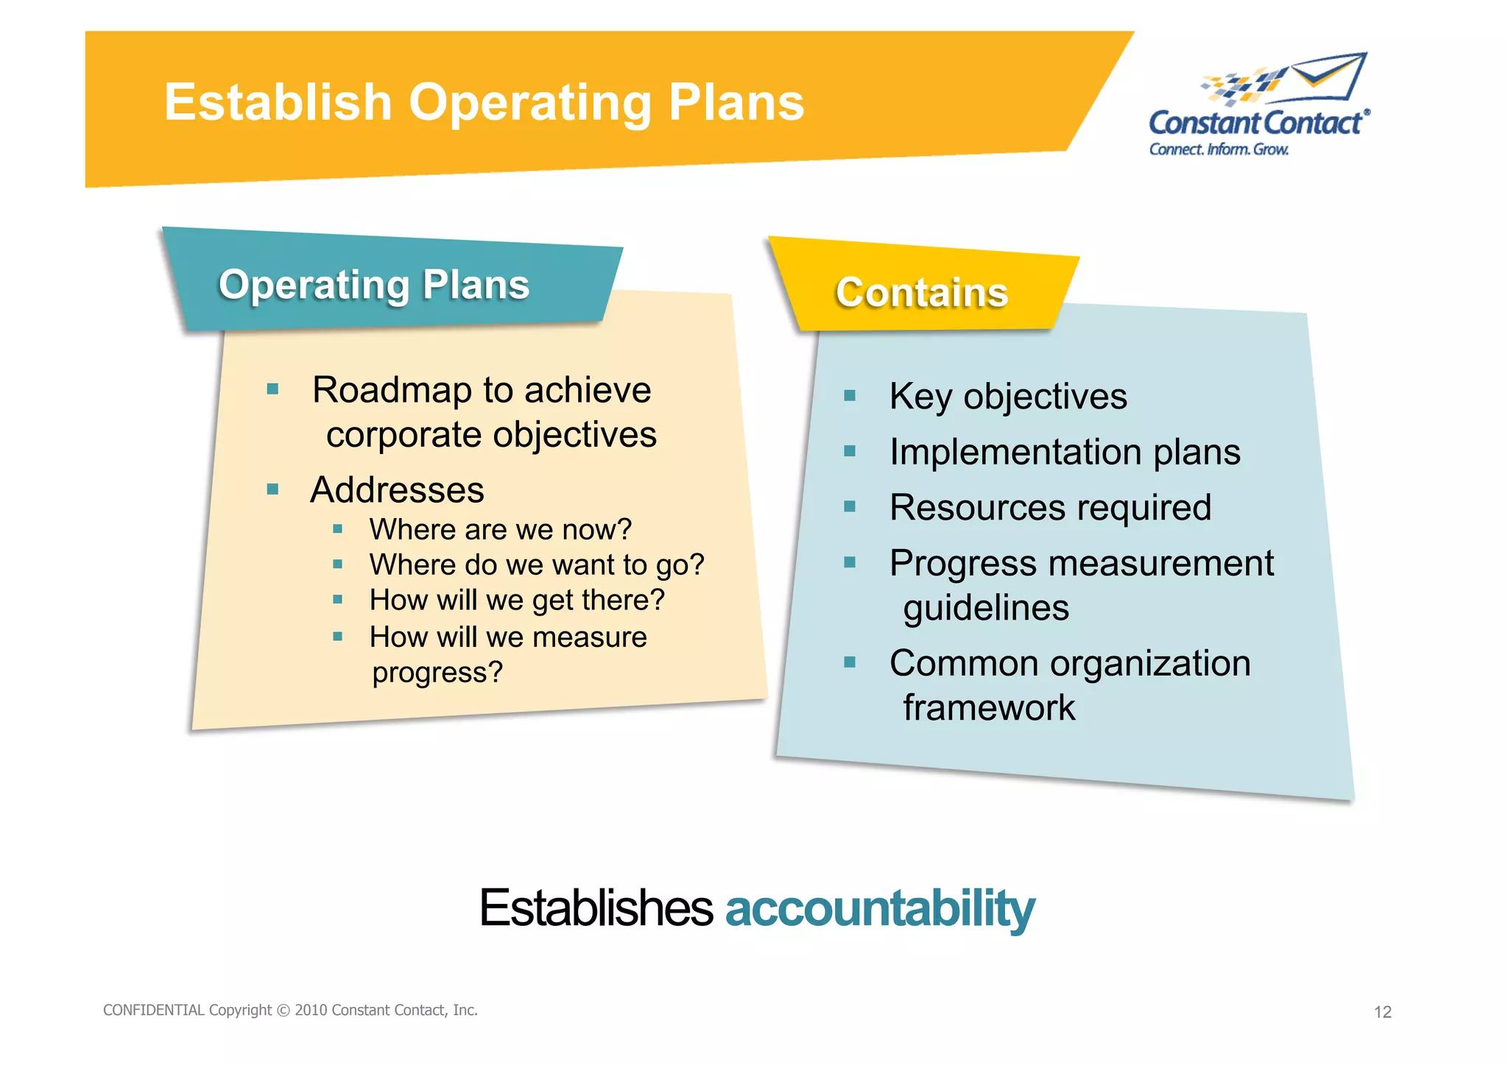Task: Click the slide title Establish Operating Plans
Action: (x=484, y=102)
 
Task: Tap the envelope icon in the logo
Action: (x=1329, y=76)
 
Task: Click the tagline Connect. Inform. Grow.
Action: (x=1219, y=149)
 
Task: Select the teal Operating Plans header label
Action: (x=374, y=285)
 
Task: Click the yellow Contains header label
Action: (x=921, y=293)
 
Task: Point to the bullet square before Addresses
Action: (x=273, y=489)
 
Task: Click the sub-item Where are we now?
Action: (x=500, y=529)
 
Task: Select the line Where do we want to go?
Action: (x=536, y=565)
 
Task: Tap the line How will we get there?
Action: (x=517, y=600)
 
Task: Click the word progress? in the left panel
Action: (x=437, y=672)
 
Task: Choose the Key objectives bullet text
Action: (x=1007, y=397)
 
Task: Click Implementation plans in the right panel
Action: (x=1064, y=452)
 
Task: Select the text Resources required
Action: (x=1050, y=508)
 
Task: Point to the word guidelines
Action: (x=986, y=609)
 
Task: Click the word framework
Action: (x=989, y=708)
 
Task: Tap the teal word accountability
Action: (x=880, y=908)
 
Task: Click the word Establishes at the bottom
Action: (x=596, y=908)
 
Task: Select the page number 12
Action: (x=1382, y=1012)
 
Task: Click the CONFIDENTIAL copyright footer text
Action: (x=290, y=1010)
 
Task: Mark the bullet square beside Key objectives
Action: (x=850, y=396)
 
